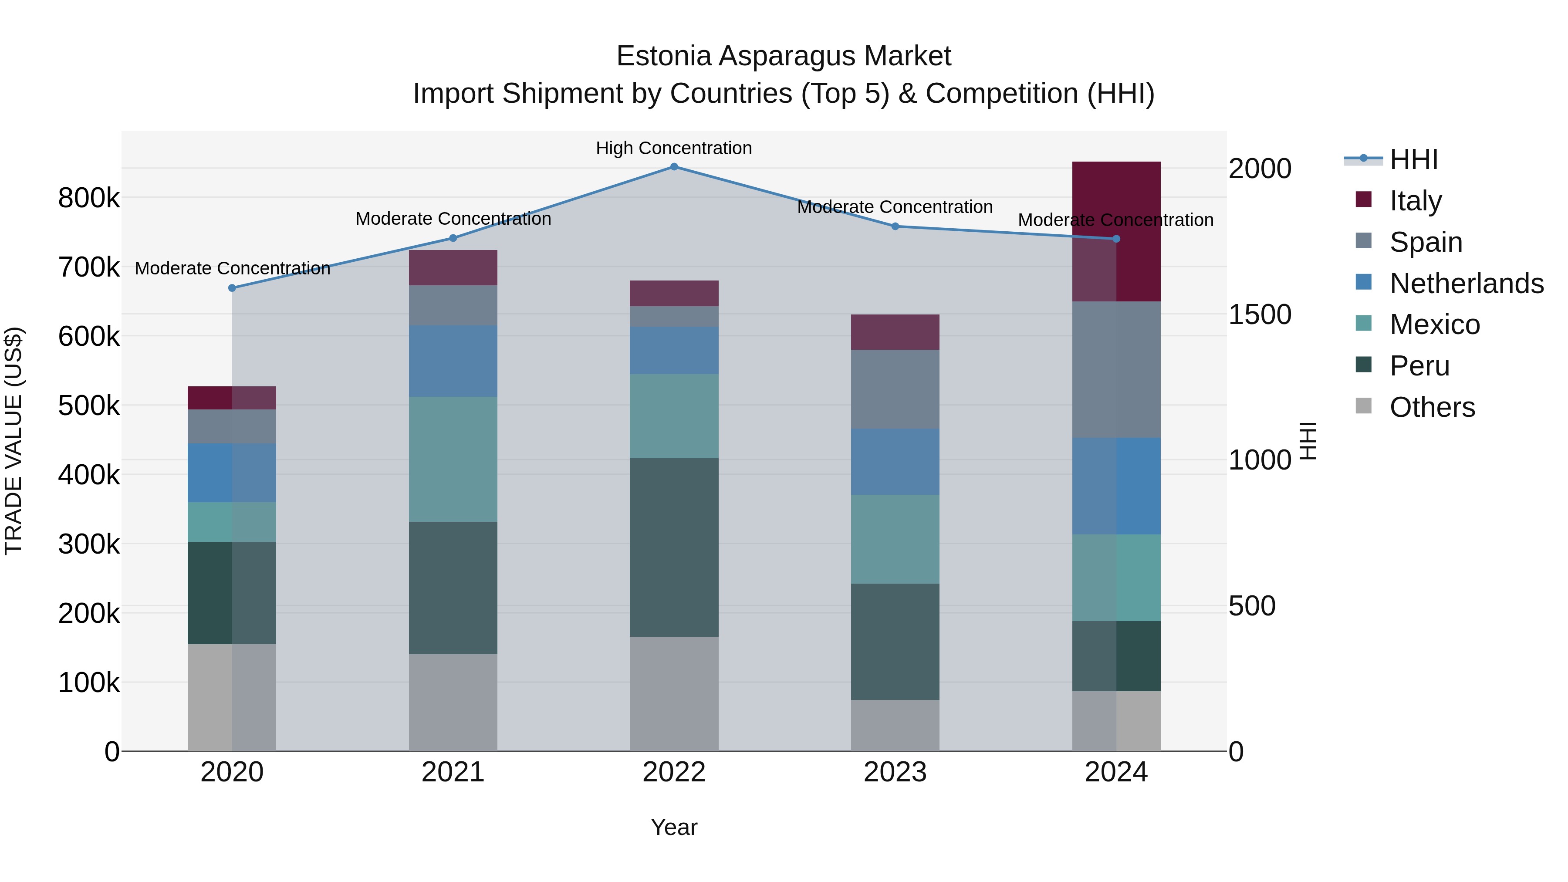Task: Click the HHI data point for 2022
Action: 674,167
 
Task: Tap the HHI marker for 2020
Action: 232,288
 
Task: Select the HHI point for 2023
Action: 895,226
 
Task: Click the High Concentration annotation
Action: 674,149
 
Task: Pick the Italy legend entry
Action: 1415,200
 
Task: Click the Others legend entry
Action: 1432,407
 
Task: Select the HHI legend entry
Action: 1413,159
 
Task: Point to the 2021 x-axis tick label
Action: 453,772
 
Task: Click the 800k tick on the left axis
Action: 89,198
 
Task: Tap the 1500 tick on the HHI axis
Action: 1259,315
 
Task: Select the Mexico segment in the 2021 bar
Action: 453,459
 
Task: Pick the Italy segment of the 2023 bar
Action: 895,332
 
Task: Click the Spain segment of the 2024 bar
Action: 1116,369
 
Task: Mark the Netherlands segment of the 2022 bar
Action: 674,351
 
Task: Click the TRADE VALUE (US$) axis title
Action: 14,441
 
